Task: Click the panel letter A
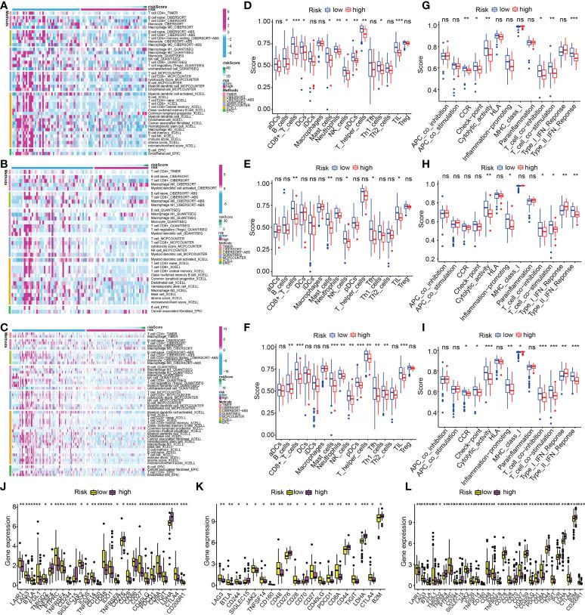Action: [5, 5]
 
